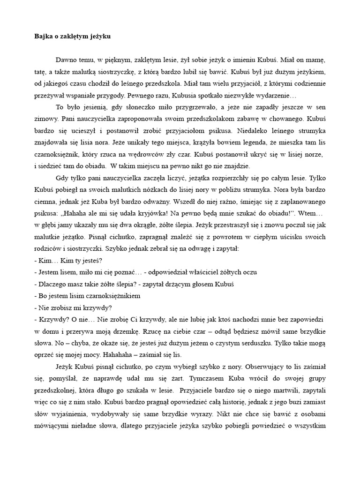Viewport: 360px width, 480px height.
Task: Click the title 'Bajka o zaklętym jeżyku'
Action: [x=73, y=36]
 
